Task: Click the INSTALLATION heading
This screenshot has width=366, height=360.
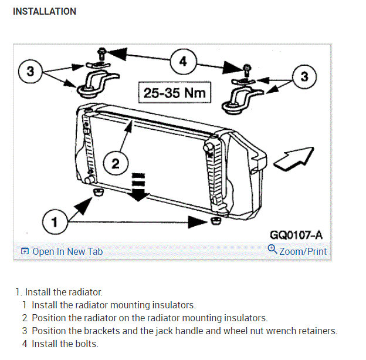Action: pos(45,11)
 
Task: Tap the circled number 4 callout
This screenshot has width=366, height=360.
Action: pos(183,62)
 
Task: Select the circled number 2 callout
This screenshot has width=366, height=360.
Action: pos(115,164)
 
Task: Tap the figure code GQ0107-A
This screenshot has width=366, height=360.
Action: pos(296,235)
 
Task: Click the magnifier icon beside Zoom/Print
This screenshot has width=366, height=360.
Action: pos(272,250)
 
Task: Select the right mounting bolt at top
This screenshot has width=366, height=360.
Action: pos(247,69)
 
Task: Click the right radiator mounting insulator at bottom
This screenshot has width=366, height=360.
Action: pos(216,220)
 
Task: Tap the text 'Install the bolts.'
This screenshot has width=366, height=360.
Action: pos(65,344)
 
